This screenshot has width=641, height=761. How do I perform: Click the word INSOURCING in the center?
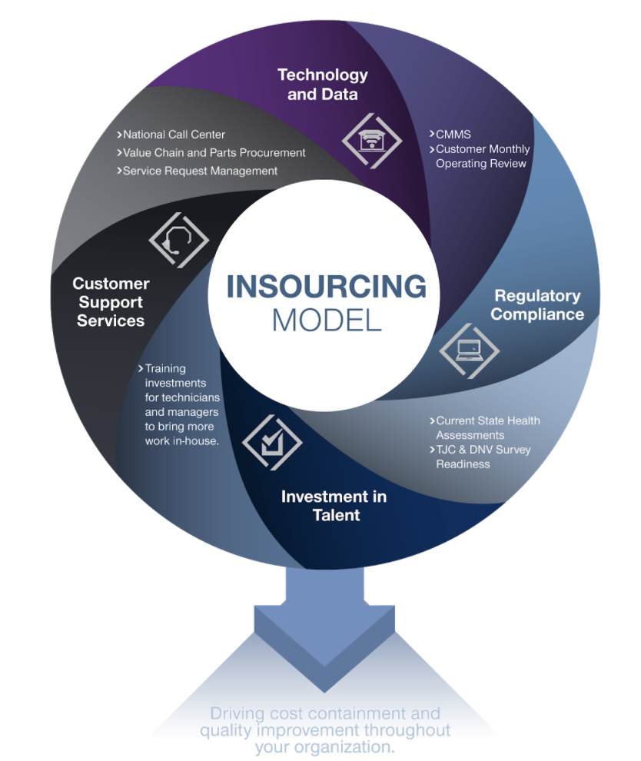tap(326, 287)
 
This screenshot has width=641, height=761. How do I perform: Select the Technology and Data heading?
tap(322, 85)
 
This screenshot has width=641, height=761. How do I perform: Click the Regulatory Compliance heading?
tap(536, 304)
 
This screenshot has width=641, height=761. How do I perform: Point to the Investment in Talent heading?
tap(334, 505)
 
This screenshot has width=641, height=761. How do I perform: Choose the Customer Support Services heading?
tap(111, 301)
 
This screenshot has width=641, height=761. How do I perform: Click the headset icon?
tap(178, 239)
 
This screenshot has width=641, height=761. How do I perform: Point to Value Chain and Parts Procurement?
tap(214, 152)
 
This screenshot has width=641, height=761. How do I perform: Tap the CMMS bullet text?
tap(453, 135)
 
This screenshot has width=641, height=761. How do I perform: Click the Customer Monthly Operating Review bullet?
tap(483, 156)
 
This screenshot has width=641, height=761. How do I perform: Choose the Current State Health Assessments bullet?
tap(487, 427)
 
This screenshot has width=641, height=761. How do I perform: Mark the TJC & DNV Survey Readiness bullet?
tap(483, 457)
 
